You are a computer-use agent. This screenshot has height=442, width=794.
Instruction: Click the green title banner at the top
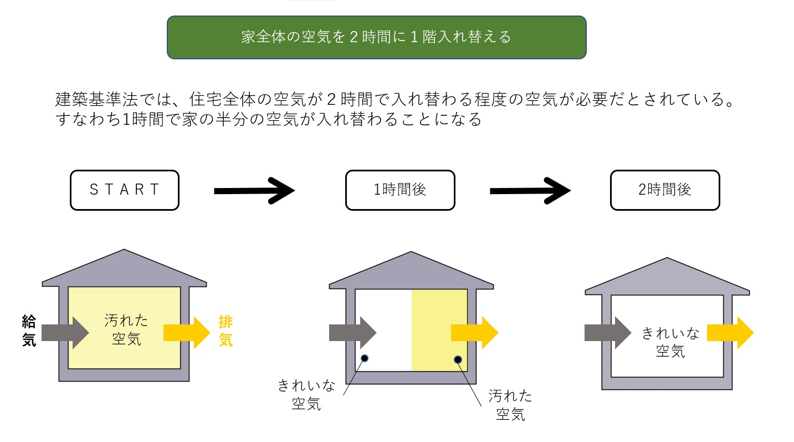376,37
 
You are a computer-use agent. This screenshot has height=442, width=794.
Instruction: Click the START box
125,190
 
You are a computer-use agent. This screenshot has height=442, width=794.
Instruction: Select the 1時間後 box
400,190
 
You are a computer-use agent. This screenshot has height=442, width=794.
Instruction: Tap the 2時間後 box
664,190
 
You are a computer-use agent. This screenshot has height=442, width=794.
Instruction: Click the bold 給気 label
29,331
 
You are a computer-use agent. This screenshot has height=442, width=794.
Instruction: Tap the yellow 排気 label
226,331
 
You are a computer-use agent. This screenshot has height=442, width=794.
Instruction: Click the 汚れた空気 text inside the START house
126,329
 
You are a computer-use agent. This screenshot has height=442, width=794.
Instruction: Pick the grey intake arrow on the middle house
352,333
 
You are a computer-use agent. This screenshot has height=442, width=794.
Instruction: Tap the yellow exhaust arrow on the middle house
474,333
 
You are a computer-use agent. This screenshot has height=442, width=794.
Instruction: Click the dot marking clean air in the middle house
364,358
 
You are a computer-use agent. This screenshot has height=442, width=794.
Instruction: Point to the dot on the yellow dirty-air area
458,359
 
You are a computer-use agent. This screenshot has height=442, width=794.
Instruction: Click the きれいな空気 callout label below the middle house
306,394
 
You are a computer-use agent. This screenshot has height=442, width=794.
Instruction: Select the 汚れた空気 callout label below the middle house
510,404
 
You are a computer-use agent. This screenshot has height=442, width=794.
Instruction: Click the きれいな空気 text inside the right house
670,342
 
